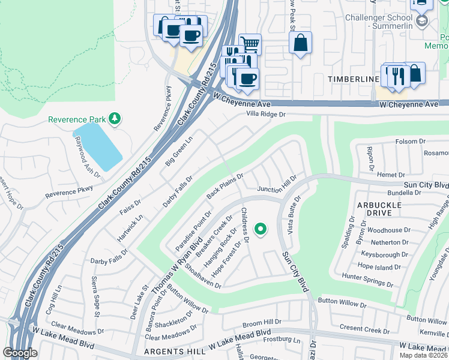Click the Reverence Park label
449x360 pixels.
tap(77, 119)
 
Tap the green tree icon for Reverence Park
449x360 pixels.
tap(114, 119)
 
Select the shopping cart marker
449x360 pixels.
tap(250, 44)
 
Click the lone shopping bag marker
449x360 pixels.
tap(300, 43)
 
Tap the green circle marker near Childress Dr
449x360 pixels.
tap(261, 229)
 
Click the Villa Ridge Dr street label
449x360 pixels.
tap(267, 114)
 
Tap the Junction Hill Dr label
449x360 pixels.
tap(277, 189)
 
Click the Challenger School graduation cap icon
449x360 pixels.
tap(422, 21)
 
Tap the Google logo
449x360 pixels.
tap(20, 353)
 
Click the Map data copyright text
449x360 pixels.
tap(424, 355)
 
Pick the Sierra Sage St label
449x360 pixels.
tap(95, 294)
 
